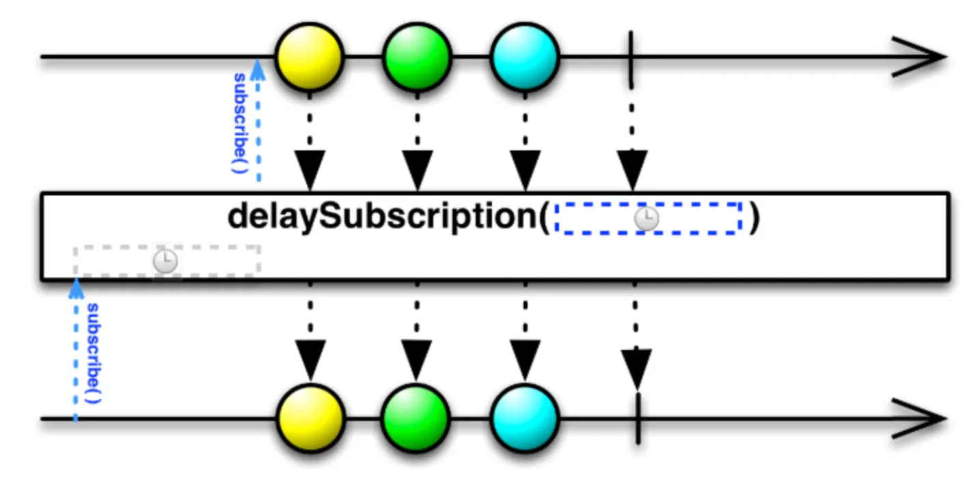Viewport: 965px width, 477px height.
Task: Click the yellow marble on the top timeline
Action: point(309,55)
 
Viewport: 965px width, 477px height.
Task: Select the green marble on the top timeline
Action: point(417,55)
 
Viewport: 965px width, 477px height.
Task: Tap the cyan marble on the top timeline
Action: point(525,55)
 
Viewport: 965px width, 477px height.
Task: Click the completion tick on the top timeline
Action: point(631,56)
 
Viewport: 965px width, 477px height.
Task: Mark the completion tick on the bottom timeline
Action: point(638,418)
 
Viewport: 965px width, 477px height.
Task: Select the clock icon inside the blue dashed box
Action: point(647,219)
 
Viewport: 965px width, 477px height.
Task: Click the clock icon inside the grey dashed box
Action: point(165,261)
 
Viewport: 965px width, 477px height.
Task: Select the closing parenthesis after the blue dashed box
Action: point(753,218)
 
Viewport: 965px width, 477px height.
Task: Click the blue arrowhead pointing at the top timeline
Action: point(258,69)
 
